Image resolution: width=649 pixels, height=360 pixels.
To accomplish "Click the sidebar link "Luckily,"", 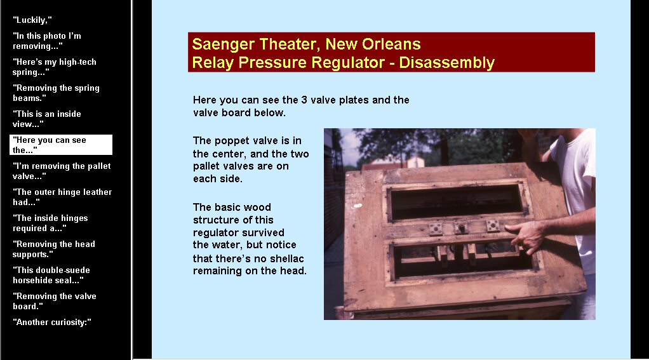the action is pyautogui.click(x=32, y=20).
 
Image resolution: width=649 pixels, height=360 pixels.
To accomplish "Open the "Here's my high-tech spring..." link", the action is pyautogui.click(x=54, y=67).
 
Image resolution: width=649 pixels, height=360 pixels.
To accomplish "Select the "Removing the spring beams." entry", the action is pyautogui.click(x=56, y=93).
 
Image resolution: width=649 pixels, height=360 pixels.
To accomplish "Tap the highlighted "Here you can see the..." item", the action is pyautogui.click(x=61, y=145).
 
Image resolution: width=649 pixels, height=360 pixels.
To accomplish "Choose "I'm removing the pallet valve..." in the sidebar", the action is pyautogui.click(x=62, y=171).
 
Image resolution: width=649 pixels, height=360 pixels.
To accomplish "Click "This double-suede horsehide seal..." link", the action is pyautogui.click(x=51, y=275).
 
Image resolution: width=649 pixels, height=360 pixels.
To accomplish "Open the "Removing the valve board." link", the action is pyautogui.click(x=54, y=301).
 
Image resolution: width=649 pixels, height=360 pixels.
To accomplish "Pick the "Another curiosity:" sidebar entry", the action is pyautogui.click(x=51, y=322).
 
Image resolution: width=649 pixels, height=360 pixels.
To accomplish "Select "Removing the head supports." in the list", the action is pyautogui.click(x=54, y=249).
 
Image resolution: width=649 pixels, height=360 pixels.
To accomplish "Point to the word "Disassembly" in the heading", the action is pyautogui.click(x=446, y=62).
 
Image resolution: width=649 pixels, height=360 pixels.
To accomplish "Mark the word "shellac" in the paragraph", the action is pyautogui.click(x=284, y=258).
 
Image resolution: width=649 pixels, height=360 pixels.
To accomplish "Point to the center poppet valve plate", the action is pyautogui.click(x=461, y=228).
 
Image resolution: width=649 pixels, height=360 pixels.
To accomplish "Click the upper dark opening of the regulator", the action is pyautogui.click(x=456, y=203).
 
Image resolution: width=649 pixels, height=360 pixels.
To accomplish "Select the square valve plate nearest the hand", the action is pyautogui.click(x=493, y=225).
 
